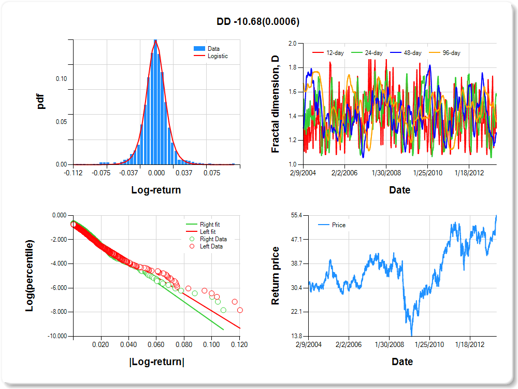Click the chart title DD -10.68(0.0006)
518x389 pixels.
click(x=258, y=21)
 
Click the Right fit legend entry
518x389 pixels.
click(x=210, y=225)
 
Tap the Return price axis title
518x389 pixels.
click(x=276, y=275)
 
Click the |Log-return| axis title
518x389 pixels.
click(x=156, y=362)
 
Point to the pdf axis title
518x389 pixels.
click(x=41, y=101)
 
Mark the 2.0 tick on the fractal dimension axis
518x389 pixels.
click(x=299, y=44)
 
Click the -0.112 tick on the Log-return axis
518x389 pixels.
click(x=73, y=173)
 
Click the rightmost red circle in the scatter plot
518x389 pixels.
click(x=240, y=310)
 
